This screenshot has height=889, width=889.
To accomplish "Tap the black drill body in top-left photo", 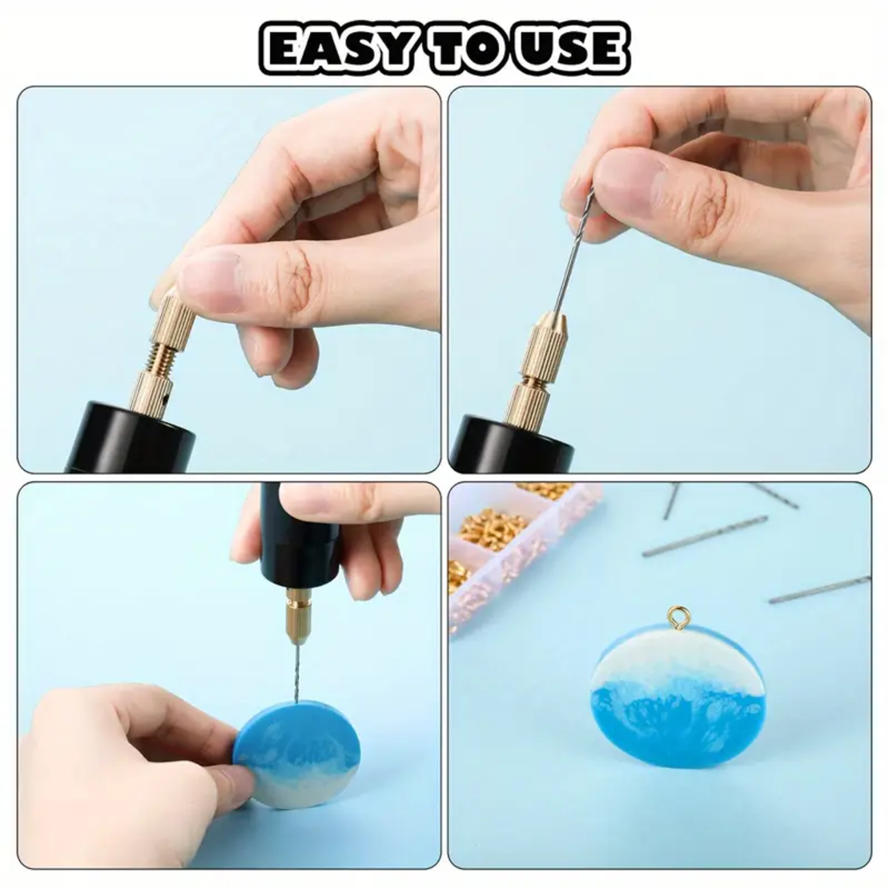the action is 131,437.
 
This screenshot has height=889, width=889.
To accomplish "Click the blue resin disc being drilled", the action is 298,754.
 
